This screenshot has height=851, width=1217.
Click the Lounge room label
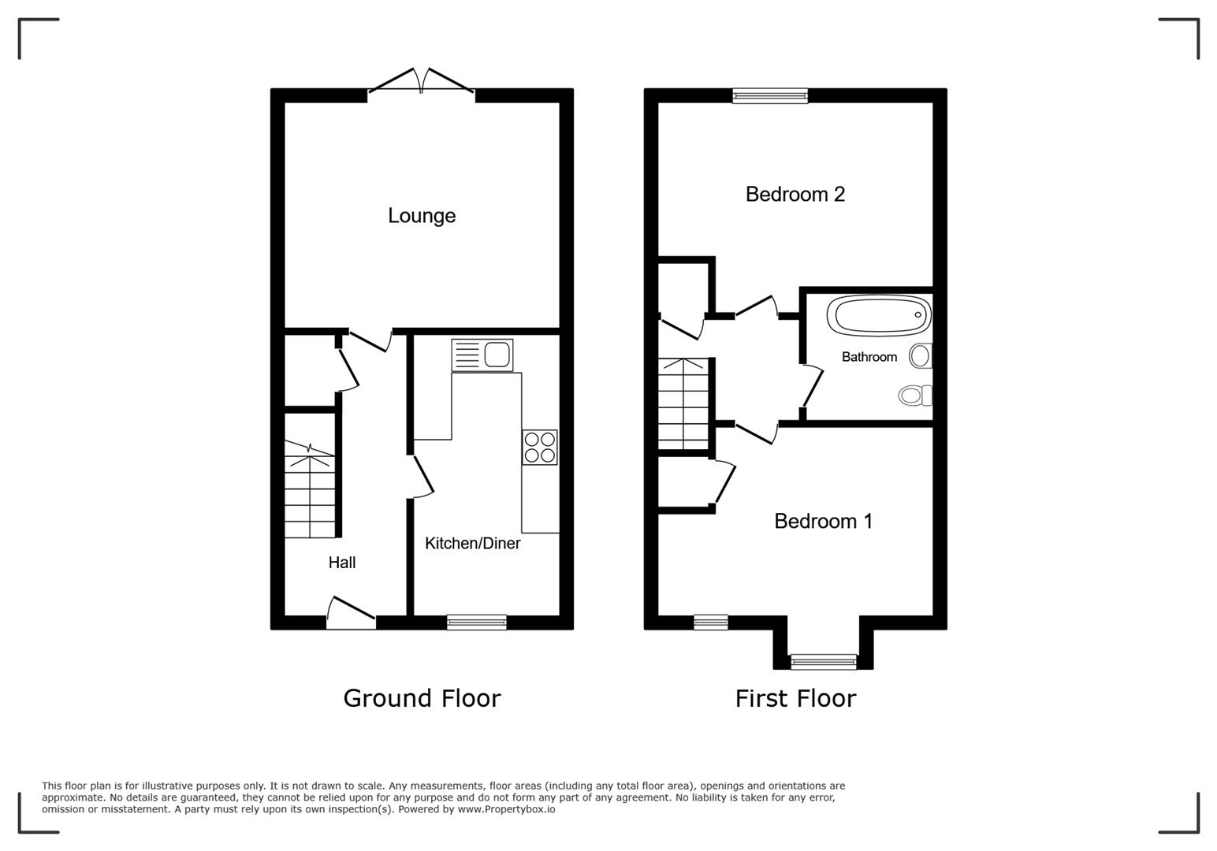click(422, 216)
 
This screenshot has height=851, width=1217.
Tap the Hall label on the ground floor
click(342, 563)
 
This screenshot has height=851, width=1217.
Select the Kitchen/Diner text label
click(472, 543)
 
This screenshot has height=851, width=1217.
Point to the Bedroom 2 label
click(795, 194)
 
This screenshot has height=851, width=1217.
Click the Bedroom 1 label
click(823, 521)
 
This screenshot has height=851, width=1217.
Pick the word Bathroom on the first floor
click(869, 357)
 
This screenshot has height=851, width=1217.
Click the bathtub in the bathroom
click(878, 316)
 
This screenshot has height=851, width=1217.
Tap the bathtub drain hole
click(918, 315)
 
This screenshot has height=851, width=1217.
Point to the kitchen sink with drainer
click(482, 355)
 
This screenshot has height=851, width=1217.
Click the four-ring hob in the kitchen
click(539, 447)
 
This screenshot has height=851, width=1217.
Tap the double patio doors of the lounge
click(422, 84)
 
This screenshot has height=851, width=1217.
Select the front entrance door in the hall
click(352, 614)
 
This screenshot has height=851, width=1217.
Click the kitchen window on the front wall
click(476, 622)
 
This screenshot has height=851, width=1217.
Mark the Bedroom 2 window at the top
click(769, 95)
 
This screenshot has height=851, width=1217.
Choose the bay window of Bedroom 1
click(823, 662)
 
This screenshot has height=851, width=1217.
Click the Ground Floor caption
click(422, 698)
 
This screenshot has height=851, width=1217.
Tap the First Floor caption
click(795, 698)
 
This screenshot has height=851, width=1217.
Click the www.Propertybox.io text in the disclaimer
click(506, 809)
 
